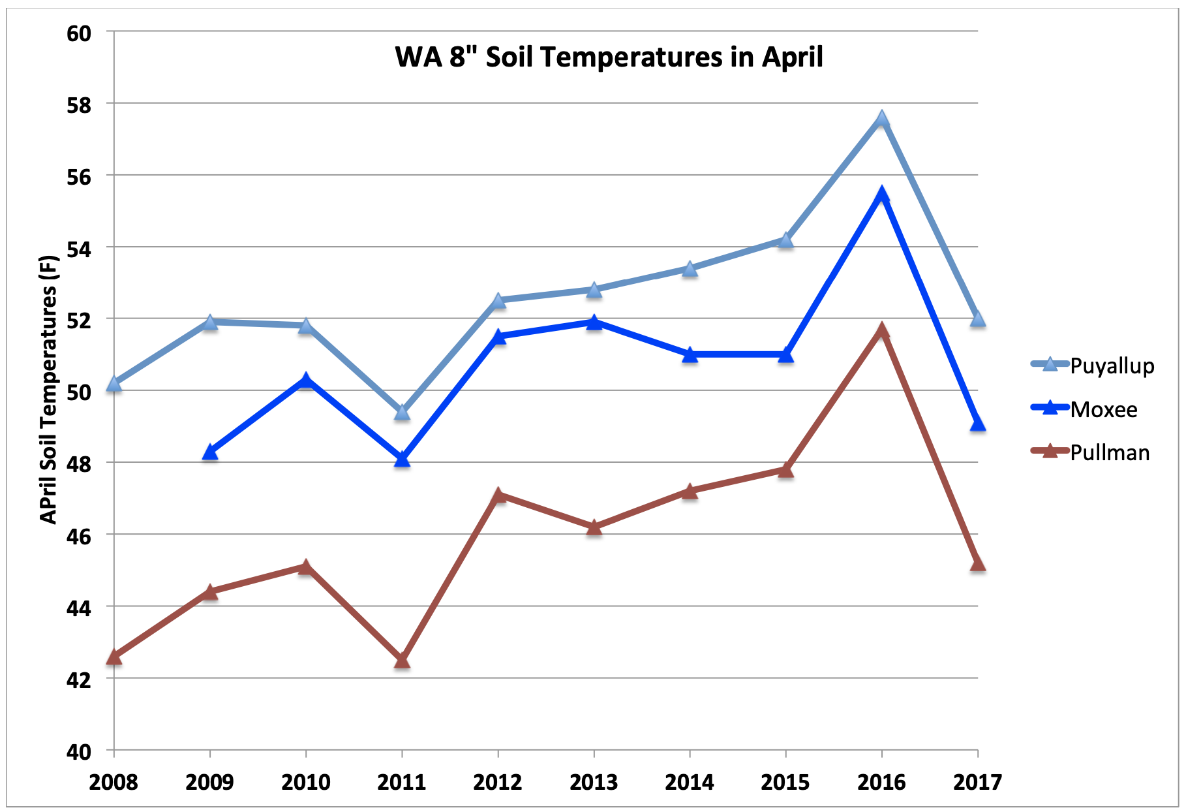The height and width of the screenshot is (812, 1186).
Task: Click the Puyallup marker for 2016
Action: point(882,119)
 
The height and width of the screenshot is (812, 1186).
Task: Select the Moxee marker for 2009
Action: point(210,452)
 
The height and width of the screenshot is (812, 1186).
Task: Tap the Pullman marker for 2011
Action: point(402,661)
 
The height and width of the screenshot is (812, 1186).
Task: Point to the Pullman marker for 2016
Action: point(882,330)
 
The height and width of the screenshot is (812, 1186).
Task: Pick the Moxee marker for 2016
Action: point(882,194)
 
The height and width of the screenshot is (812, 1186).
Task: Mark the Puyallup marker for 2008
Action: point(114,383)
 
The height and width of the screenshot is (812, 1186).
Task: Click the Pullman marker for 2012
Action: point(498,495)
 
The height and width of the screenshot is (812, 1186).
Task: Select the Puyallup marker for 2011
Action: point(402,412)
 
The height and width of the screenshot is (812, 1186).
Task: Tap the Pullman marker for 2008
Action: point(114,657)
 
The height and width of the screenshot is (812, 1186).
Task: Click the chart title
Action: point(609,57)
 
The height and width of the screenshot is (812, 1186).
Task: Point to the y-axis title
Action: point(49,390)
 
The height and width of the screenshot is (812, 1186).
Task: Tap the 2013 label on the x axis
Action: point(594,782)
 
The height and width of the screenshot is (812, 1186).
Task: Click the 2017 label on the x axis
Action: point(977,782)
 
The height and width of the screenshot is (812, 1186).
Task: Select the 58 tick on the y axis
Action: point(79,104)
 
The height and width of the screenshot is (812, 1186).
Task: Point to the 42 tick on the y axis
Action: point(79,679)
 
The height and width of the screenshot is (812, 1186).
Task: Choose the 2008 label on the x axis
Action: point(114,782)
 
